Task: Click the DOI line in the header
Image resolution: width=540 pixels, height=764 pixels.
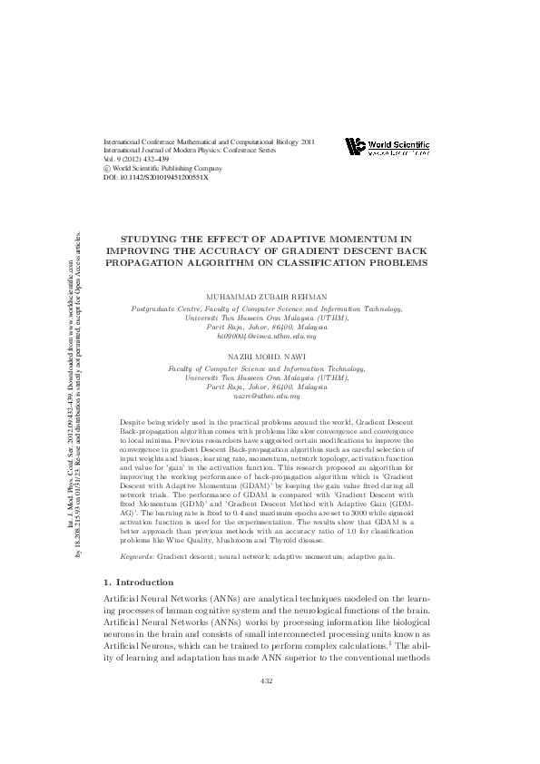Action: (x=156, y=177)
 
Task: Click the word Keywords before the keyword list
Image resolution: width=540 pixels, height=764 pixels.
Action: (x=136, y=553)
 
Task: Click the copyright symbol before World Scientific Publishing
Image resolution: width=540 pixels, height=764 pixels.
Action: (x=108, y=168)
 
